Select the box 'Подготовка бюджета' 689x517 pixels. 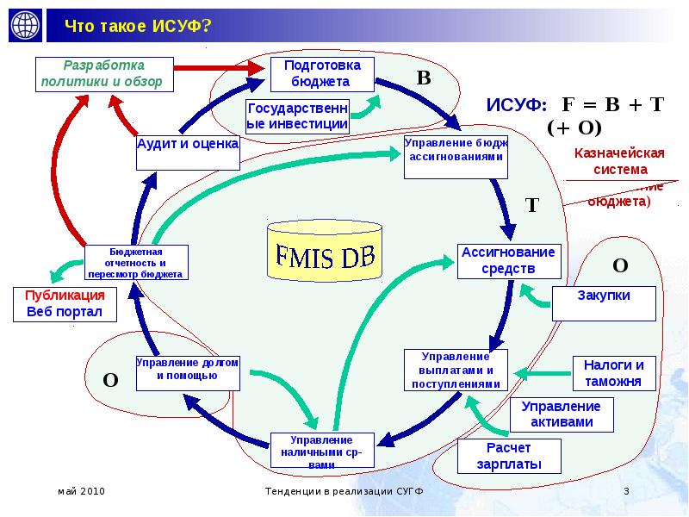[x=322, y=74]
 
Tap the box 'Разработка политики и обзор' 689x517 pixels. [x=105, y=74]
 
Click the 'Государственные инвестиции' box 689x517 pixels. [x=298, y=115]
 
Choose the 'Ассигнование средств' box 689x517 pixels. [x=510, y=261]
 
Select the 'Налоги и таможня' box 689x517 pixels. [x=614, y=373]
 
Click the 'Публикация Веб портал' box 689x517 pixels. [x=65, y=303]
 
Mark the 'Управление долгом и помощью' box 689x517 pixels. [x=188, y=370]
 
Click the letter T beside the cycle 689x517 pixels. [x=531, y=205]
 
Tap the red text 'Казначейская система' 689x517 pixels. [x=619, y=161]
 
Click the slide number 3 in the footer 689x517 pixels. [x=627, y=491]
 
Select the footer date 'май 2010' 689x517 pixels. [x=81, y=491]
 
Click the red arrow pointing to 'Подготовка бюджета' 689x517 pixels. [x=220, y=66]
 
